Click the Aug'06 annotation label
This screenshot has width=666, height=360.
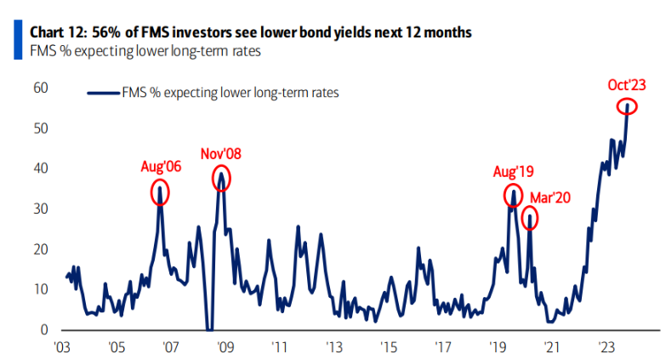click(x=162, y=166)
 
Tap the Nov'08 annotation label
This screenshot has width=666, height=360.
click(x=221, y=154)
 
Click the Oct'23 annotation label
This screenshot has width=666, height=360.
click(x=628, y=84)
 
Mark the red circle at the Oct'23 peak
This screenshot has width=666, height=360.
click(x=627, y=106)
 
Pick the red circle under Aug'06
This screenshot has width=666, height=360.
click(x=160, y=192)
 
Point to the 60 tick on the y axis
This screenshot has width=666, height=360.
click(x=41, y=88)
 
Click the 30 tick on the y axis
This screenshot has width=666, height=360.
click(x=41, y=209)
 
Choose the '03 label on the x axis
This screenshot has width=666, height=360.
click(x=62, y=347)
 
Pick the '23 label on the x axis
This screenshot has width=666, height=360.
click(x=606, y=347)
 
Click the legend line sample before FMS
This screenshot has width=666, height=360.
click(x=105, y=94)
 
